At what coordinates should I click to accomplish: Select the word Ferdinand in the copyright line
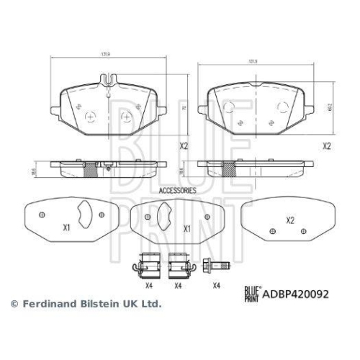(x=45, y=305)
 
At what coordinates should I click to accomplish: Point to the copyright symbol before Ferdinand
(x=12, y=305)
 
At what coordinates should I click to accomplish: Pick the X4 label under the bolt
(x=216, y=286)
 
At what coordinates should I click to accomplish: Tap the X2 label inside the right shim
(x=290, y=220)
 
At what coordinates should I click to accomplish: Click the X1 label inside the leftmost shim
(x=66, y=228)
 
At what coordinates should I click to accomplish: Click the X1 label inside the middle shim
(x=186, y=228)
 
